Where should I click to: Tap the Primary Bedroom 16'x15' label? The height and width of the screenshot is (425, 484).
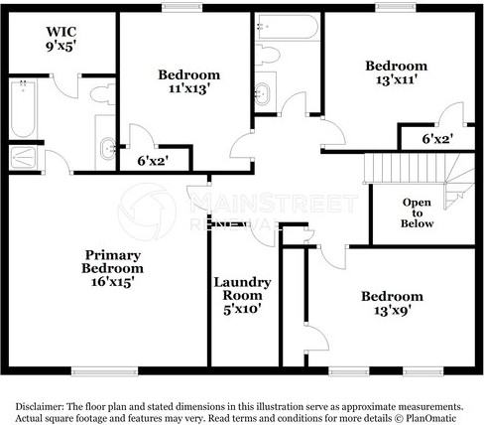(110, 268)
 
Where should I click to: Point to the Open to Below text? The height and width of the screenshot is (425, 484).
(417, 213)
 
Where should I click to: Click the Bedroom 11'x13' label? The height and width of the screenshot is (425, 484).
(188, 82)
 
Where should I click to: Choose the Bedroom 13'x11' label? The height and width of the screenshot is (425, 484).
(396, 74)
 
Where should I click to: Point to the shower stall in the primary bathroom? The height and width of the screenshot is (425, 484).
(21, 158)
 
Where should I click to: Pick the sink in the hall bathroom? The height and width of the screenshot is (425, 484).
(264, 95)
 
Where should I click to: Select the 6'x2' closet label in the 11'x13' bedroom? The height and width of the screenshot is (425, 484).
(154, 160)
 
